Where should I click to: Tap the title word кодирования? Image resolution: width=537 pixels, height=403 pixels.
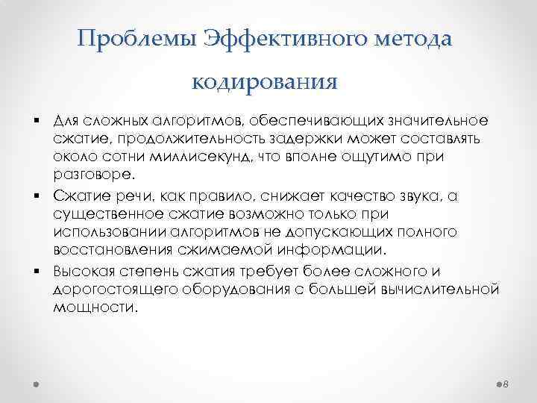click(x=266, y=79)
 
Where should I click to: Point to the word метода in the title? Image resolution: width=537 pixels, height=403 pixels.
click(x=413, y=38)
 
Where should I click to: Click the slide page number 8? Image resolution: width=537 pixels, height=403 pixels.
click(x=506, y=383)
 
